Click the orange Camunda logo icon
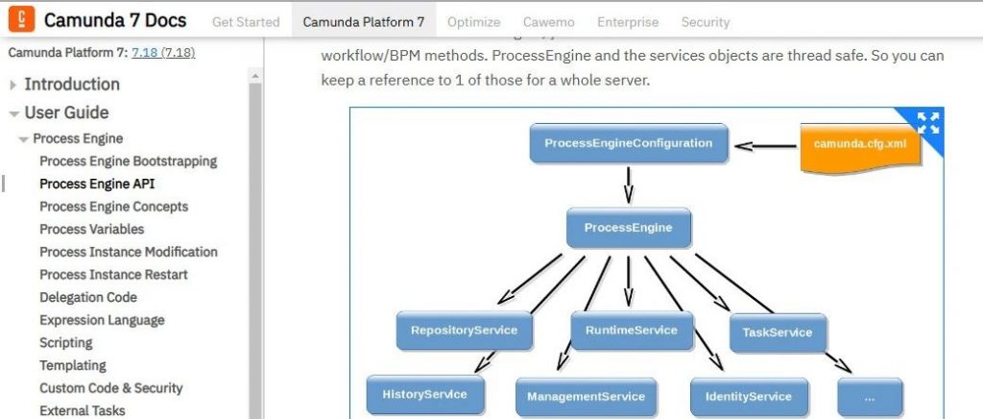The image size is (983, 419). click(23, 18)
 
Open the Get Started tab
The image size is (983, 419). click(246, 21)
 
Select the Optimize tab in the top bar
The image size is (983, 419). click(473, 21)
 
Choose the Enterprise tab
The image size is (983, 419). click(628, 21)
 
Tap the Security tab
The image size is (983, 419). click(706, 21)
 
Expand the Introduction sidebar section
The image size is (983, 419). click(72, 85)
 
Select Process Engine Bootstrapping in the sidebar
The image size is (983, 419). click(128, 160)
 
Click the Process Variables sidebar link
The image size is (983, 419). click(91, 229)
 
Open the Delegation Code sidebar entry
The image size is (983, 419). click(88, 297)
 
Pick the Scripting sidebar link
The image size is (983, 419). click(65, 342)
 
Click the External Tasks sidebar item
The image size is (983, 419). click(83, 410)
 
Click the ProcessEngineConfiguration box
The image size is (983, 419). click(629, 144)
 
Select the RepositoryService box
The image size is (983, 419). click(464, 331)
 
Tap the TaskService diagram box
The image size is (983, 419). click(777, 333)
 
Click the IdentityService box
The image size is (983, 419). click(749, 396)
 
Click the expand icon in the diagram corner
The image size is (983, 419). click(927, 122)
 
